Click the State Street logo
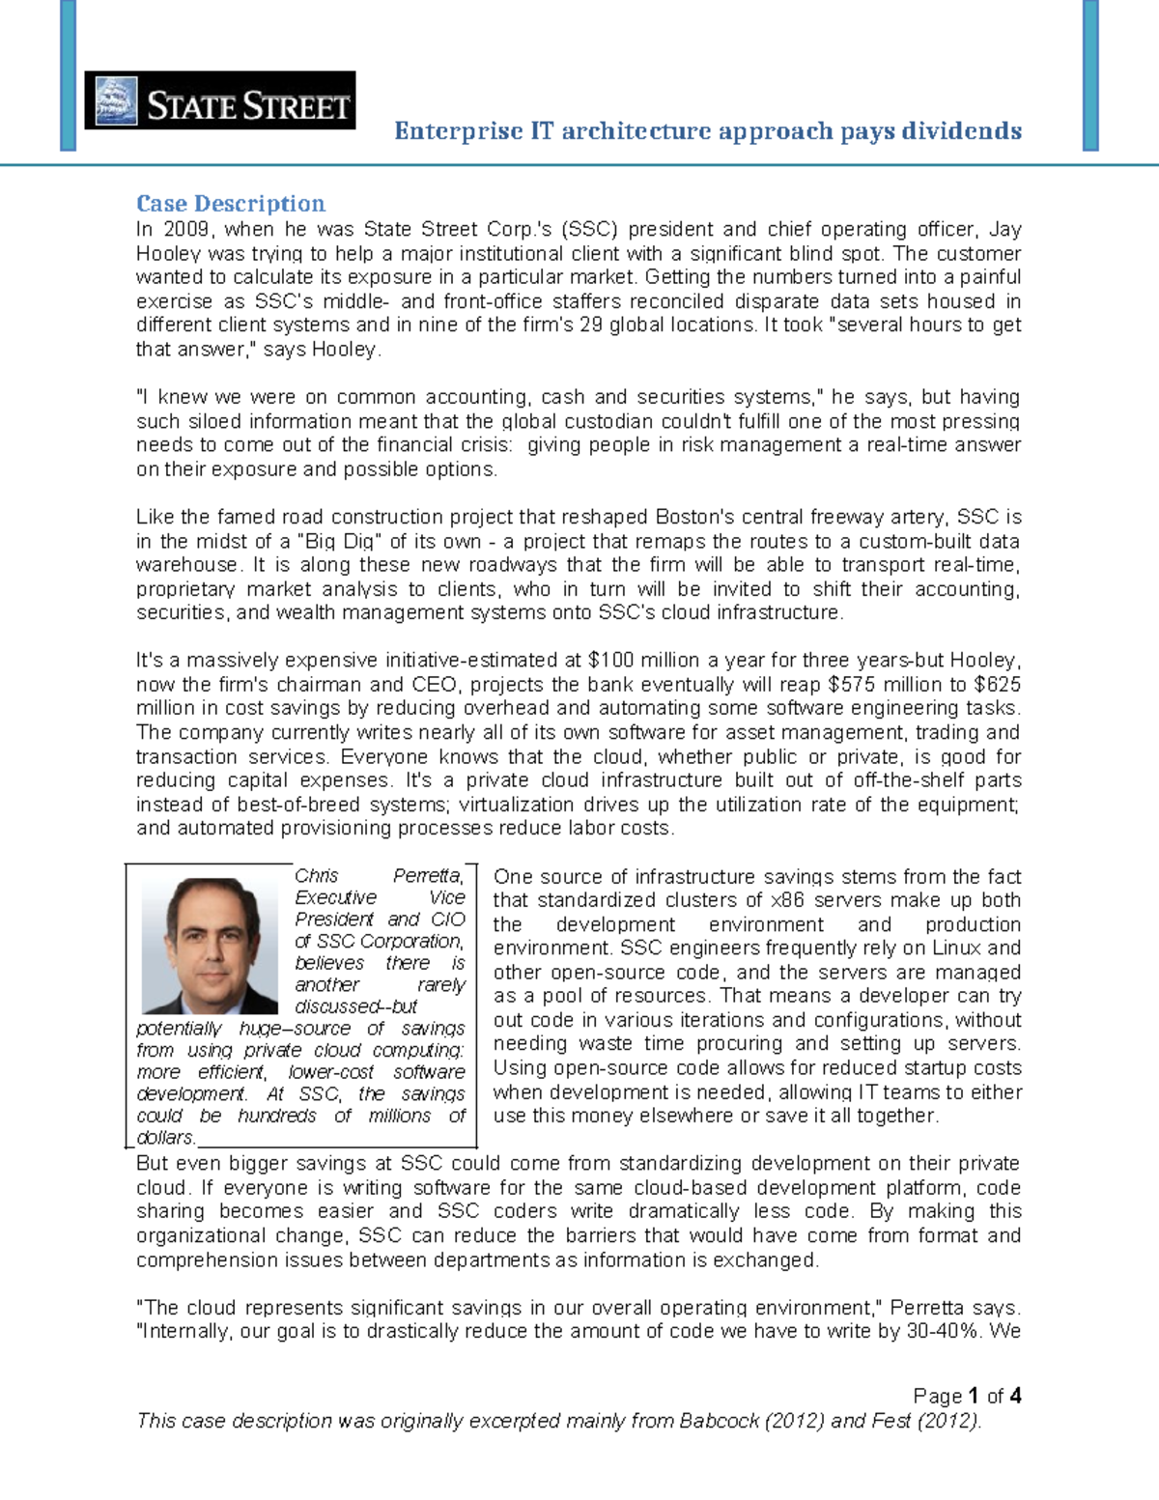(x=219, y=100)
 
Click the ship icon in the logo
(x=116, y=101)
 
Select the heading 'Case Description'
(x=230, y=204)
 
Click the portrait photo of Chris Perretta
(x=210, y=945)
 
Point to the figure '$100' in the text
(x=610, y=661)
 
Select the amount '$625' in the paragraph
(x=998, y=685)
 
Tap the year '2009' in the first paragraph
(x=185, y=230)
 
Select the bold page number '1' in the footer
(x=974, y=1396)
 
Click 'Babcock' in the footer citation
(x=719, y=1421)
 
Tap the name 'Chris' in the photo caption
(x=316, y=876)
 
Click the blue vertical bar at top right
(x=1090, y=75)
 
